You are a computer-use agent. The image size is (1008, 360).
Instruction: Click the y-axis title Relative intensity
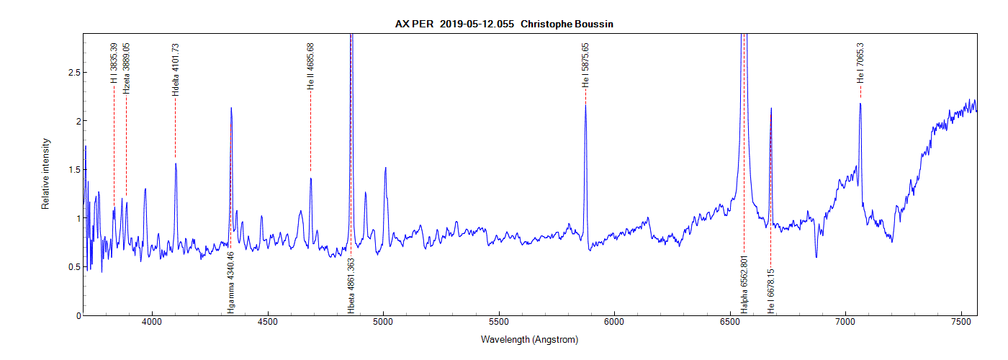45,174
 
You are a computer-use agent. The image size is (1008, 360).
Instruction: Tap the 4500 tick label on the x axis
268,324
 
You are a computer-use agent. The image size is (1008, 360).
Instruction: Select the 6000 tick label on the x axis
614,324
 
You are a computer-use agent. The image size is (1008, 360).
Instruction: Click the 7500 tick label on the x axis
960,324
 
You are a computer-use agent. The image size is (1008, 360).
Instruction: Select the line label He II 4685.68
310,66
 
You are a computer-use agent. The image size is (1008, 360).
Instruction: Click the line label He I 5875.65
585,66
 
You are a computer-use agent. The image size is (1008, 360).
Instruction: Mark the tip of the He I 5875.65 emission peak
585,105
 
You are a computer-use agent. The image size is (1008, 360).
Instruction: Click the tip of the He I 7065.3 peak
860,104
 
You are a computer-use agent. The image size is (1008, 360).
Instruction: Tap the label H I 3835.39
114,63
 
